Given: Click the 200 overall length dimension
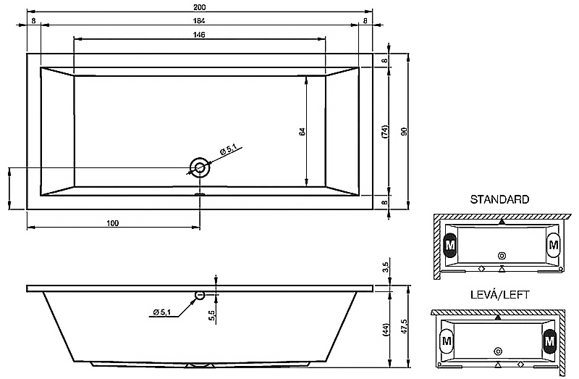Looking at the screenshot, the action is [x=199, y=7].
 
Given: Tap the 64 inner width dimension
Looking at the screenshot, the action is [x=302, y=131].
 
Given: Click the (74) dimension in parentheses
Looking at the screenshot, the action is [x=384, y=132].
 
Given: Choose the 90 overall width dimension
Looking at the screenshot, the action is [x=404, y=131].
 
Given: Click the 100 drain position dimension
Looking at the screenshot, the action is [x=113, y=223].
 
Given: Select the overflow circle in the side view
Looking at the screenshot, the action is [x=200, y=295].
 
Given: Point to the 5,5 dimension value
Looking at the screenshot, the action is [x=211, y=316].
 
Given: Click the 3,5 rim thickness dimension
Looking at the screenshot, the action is [x=385, y=267].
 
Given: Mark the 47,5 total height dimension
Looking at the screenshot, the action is [x=404, y=327].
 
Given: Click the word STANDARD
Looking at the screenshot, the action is [x=499, y=199].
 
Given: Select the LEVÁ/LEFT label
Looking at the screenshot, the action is [x=499, y=295].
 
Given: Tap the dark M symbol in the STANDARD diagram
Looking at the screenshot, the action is [x=449, y=245].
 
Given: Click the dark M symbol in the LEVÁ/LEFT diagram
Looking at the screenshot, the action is [x=550, y=341].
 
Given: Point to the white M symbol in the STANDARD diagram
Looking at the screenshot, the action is [x=554, y=245].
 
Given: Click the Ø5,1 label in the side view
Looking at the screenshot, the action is [x=161, y=312].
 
